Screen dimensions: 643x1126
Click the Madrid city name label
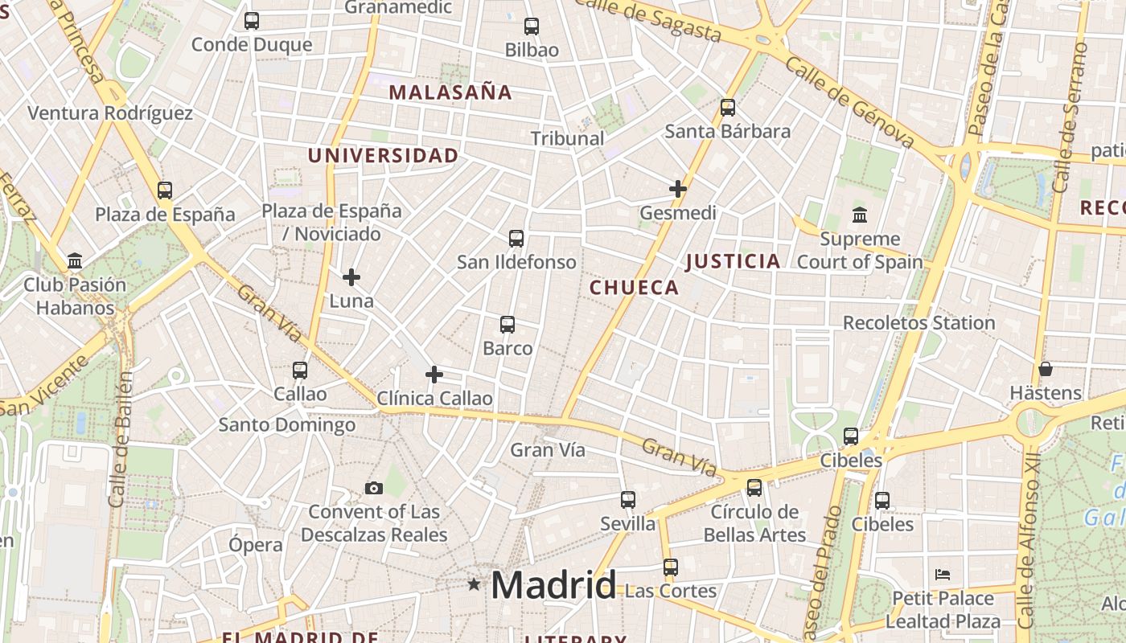[x=553, y=585]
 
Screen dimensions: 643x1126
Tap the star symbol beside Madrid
[x=475, y=584]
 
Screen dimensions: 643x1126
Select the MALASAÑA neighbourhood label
[x=450, y=92]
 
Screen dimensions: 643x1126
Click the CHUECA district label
[x=634, y=288]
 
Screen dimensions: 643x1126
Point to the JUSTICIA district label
[x=733, y=261]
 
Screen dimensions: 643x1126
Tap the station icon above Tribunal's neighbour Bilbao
[x=531, y=26]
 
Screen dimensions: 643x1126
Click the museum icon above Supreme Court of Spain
[x=860, y=215]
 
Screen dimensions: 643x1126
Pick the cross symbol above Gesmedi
[x=678, y=189]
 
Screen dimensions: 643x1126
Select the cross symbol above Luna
[x=351, y=277]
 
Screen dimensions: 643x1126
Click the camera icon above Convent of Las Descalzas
[x=373, y=488]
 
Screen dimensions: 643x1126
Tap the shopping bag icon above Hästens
[x=1046, y=369]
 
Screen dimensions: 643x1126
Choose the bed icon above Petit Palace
[x=943, y=575]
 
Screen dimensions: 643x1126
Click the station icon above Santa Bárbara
[x=728, y=107]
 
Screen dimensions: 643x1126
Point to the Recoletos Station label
[x=918, y=323]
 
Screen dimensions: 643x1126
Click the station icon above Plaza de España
[x=165, y=190]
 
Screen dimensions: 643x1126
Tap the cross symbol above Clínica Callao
[x=434, y=375]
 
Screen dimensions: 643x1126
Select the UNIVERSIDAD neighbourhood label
[x=383, y=156]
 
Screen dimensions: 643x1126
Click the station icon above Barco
[x=508, y=325]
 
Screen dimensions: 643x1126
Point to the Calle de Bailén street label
[x=120, y=439]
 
